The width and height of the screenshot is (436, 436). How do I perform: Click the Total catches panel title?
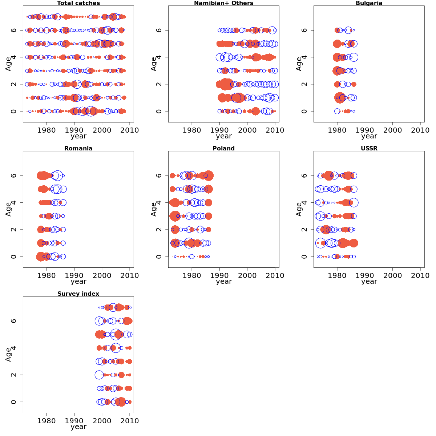point(78,3)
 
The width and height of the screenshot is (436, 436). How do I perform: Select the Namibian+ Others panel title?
point(223,3)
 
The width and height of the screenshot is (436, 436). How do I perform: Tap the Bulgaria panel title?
point(369,3)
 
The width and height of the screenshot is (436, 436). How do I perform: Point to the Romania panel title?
point(78,149)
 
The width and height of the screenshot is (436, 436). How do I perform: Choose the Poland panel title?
point(223,149)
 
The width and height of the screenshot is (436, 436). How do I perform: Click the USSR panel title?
point(369,149)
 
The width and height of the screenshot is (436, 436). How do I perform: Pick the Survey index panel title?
point(78,294)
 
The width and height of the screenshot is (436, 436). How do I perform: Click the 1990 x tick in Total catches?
point(74,130)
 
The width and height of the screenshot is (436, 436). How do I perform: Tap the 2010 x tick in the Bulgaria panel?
point(420,130)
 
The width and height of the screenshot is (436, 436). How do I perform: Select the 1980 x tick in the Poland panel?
point(192,275)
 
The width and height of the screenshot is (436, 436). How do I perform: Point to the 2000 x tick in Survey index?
point(102,421)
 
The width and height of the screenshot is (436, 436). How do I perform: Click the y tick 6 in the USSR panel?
point(304,175)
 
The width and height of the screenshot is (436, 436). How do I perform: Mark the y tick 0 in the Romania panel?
point(13,257)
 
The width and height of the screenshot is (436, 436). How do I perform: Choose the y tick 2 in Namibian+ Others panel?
point(159,84)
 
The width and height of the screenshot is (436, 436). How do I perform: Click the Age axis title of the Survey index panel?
point(8,354)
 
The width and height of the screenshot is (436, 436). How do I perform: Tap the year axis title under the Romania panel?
point(78,282)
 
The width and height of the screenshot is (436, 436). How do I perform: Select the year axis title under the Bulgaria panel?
point(369,136)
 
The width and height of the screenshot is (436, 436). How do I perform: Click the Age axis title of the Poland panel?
point(154,209)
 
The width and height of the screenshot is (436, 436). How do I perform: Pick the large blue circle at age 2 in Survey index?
point(99,375)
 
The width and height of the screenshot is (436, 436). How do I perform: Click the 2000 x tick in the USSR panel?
point(392,275)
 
